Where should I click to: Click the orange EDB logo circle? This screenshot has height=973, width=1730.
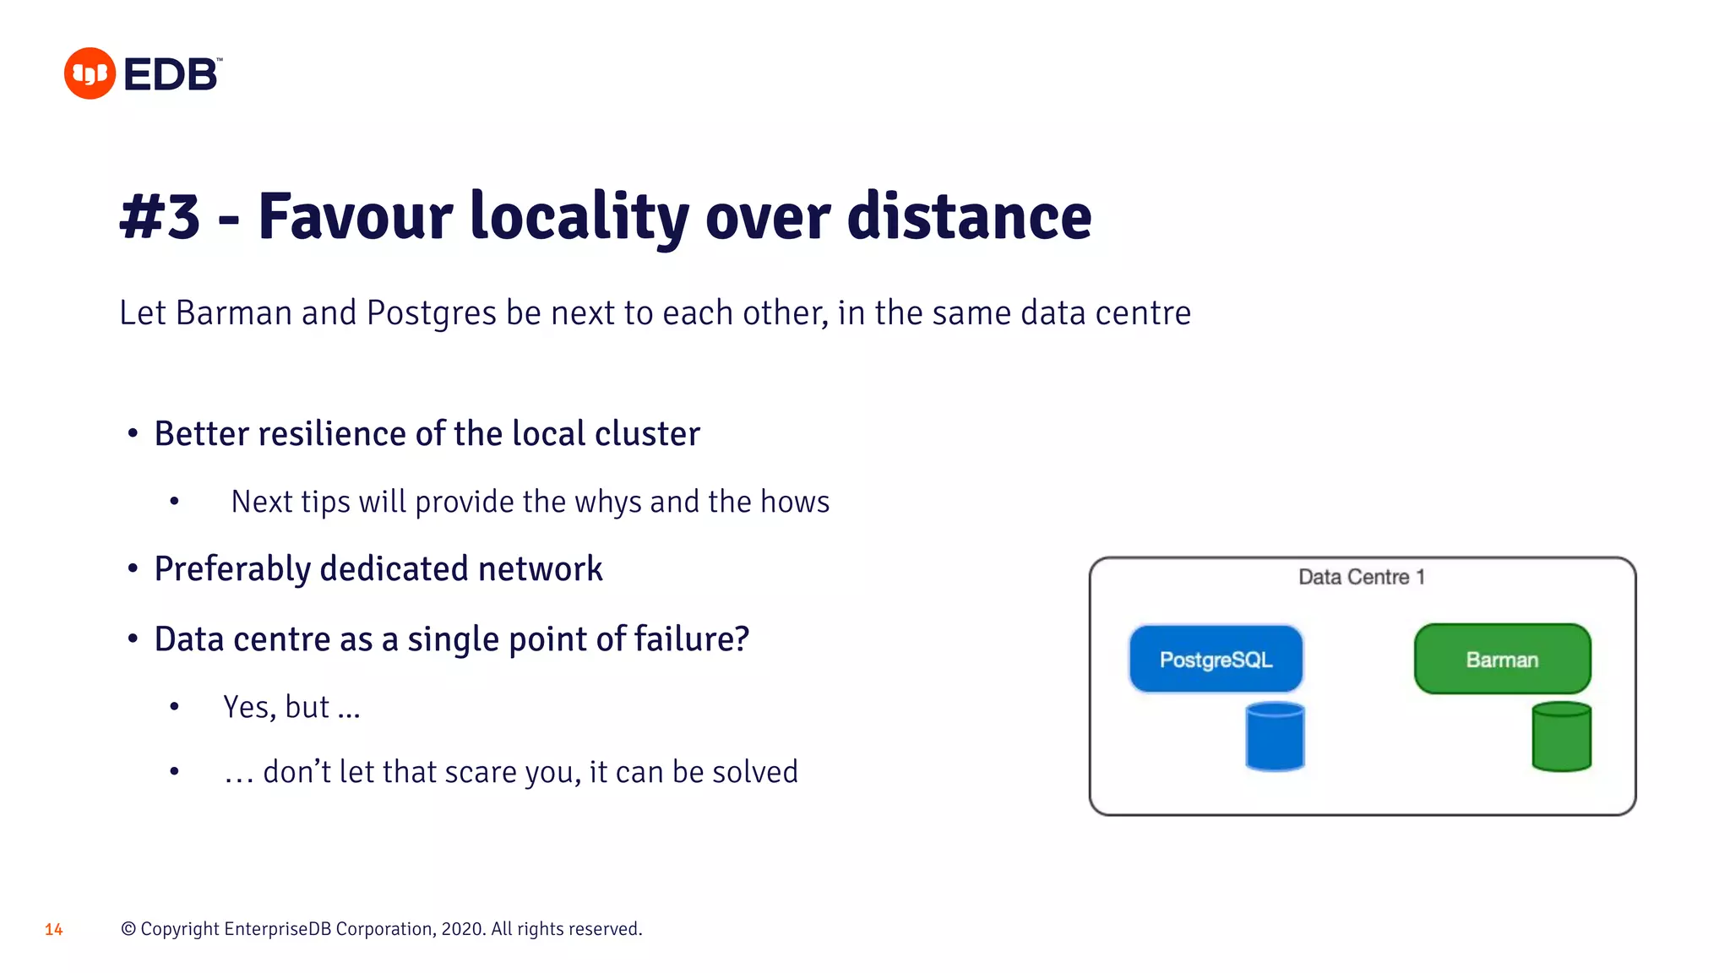click(x=90, y=73)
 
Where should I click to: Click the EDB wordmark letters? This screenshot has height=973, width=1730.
click(x=171, y=75)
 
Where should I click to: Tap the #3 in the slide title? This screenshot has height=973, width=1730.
click(x=160, y=217)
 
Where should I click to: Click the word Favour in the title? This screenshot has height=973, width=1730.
click(x=355, y=217)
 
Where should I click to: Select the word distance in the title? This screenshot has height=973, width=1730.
click(x=969, y=217)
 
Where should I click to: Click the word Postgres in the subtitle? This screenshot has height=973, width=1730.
click(x=431, y=313)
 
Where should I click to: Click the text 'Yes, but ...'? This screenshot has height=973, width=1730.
click(x=291, y=708)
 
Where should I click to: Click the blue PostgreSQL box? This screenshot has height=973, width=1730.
click(x=1216, y=659)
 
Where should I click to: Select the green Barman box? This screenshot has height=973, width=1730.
click(x=1502, y=659)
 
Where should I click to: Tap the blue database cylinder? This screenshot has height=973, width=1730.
click(x=1275, y=737)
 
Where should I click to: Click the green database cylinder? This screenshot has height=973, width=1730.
click(x=1561, y=737)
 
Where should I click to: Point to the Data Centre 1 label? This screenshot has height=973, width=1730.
click(x=1361, y=577)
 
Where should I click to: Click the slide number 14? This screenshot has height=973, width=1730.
click(x=54, y=930)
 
